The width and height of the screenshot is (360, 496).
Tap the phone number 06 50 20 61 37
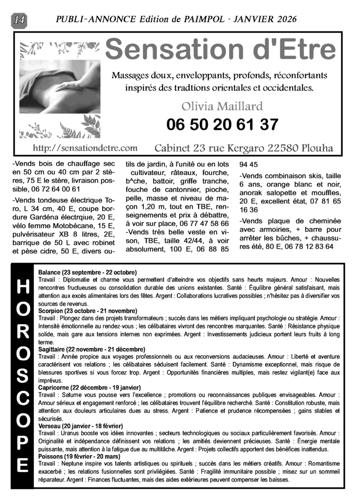pos(222,124)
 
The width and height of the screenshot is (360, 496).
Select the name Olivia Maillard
pos(222,106)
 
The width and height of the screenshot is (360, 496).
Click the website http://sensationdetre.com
pos(85,147)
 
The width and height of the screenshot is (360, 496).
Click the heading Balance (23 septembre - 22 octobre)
pos(88,273)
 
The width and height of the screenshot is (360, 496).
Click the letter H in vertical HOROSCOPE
pos(22,287)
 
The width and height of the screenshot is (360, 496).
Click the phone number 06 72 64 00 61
pos(56,189)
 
